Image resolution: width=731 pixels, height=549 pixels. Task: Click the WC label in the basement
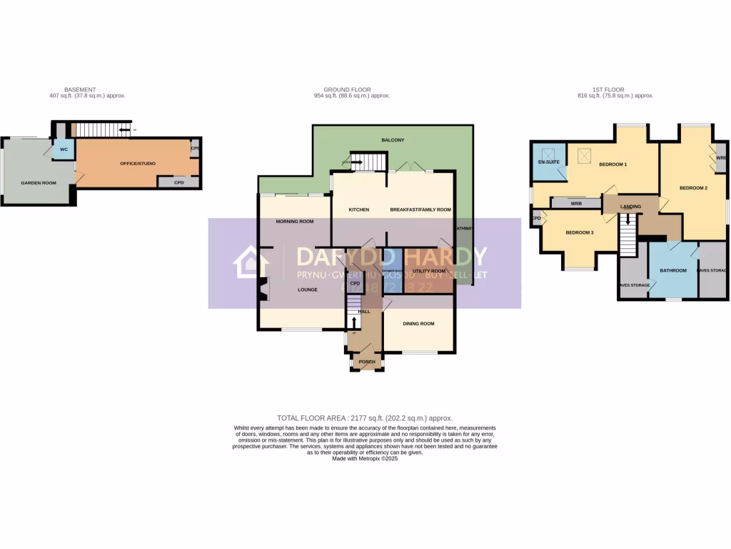(64, 150)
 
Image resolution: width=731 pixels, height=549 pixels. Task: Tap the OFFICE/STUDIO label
(138, 164)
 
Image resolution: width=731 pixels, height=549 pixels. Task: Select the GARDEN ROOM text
(39, 183)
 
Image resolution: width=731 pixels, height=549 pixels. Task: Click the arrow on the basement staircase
(124, 130)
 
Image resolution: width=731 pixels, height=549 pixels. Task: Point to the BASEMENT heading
(79, 89)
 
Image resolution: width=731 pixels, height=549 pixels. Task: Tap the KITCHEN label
(358, 210)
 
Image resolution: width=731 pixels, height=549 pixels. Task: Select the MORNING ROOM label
(295, 222)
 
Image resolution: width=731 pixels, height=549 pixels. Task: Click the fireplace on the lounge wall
(263, 290)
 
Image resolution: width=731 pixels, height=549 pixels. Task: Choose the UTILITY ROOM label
(429, 272)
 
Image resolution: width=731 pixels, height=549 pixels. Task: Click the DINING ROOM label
(418, 324)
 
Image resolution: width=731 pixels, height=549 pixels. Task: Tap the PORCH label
(367, 362)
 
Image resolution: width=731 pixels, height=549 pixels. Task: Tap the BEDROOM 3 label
(580, 233)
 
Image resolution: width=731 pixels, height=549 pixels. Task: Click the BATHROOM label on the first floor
(672, 271)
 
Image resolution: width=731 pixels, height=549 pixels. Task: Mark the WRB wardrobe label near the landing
(576, 203)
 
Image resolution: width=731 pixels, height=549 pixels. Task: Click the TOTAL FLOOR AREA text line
(365, 417)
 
